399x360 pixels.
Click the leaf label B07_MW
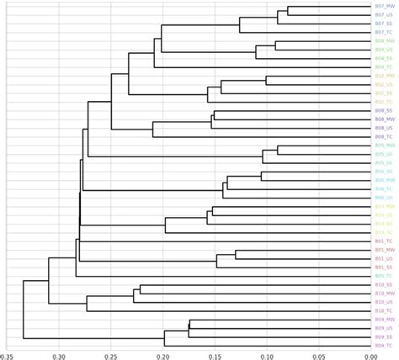[x=383, y=7]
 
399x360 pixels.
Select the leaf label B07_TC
[x=383, y=32]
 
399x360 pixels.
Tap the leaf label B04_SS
[x=383, y=58]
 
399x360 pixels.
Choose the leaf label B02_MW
[x=383, y=76]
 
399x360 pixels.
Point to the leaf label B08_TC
[x=383, y=136]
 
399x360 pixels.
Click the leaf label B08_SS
[x=383, y=110]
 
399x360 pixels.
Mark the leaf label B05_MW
[x=383, y=146]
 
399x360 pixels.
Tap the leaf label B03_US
[x=383, y=214]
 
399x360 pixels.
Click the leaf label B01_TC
[x=383, y=241]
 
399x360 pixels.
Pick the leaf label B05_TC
[x=383, y=276]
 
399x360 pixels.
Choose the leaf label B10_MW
[x=383, y=293]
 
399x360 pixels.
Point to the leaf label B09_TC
[x=383, y=345]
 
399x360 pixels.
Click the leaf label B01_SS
[x=383, y=267]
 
